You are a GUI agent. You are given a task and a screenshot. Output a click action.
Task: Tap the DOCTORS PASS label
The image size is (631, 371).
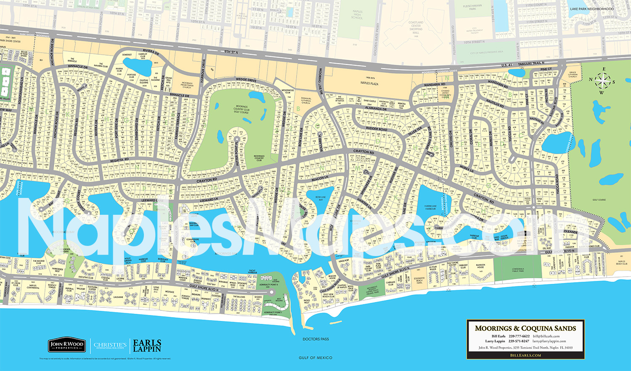315,339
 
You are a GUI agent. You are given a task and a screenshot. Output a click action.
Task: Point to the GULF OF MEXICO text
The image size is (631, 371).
315,358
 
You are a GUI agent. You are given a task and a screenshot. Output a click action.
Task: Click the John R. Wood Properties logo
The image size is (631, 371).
66,346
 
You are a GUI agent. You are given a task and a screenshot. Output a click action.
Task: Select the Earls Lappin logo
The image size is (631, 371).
147,346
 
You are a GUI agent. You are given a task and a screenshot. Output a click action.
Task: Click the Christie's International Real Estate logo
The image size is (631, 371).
110,346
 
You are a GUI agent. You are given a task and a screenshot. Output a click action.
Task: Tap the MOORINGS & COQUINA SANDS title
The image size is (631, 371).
525,328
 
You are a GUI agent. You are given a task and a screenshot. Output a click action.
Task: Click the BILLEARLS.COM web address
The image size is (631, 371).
525,355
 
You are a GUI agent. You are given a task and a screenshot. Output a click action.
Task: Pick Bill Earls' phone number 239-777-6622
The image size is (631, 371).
519,336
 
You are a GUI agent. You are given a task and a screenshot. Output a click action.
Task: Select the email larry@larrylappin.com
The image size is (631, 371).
549,341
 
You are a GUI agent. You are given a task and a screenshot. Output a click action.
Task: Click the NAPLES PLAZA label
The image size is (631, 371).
369,83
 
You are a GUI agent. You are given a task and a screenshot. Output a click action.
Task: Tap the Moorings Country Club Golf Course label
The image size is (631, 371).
241,109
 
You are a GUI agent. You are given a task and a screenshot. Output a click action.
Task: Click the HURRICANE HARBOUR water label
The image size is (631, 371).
430,207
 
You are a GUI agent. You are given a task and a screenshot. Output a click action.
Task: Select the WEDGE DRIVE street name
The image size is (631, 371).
246,80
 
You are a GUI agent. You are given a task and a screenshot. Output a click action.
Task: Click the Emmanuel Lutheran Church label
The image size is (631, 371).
306,100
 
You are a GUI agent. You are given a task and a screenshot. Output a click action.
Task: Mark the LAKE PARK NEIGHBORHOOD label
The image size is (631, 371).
591,9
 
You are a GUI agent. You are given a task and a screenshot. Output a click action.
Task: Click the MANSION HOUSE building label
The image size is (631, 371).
480,267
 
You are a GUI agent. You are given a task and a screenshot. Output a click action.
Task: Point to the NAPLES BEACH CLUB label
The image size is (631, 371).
622,263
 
